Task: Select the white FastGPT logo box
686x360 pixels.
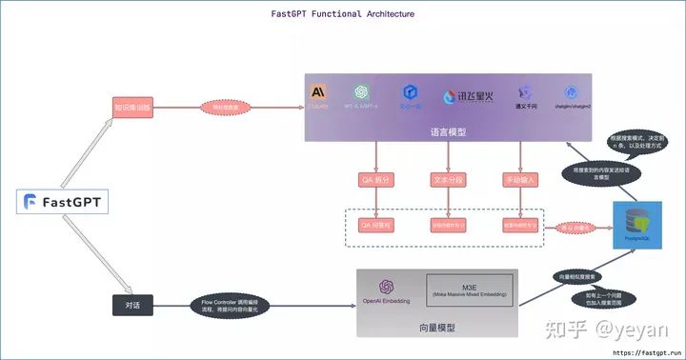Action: (64, 201)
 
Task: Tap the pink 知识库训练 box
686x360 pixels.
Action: (131, 108)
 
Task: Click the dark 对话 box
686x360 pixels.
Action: (131, 306)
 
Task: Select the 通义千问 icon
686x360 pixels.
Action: (524, 93)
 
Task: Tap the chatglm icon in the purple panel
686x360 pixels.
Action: (572, 93)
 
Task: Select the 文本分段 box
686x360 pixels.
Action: (449, 179)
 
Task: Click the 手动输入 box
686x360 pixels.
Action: (520, 179)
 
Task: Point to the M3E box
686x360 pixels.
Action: (468, 289)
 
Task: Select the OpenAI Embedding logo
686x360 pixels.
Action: (386, 287)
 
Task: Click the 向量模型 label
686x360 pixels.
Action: (437, 327)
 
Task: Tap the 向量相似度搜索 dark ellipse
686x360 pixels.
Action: (577, 276)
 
